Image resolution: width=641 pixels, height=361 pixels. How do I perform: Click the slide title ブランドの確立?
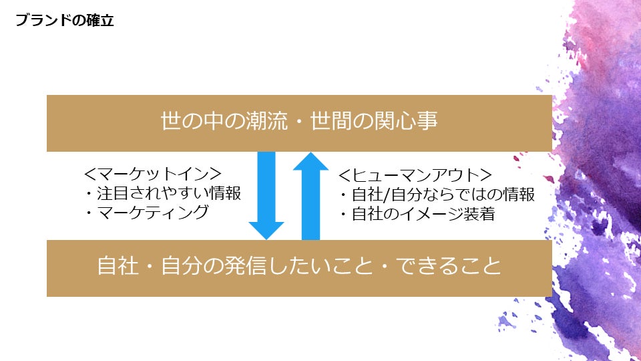tap(65, 21)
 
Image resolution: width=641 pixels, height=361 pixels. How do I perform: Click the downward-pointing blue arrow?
tap(266, 194)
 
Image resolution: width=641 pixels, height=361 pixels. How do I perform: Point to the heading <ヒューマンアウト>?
tap(415, 176)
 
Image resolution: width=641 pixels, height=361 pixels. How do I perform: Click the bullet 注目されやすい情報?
tap(162, 193)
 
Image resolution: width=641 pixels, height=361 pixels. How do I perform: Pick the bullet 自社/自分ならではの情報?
tap(437, 195)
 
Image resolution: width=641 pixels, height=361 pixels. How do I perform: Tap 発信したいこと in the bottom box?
tap(294, 267)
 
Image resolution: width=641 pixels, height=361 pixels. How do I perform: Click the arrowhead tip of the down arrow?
tap(266, 237)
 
